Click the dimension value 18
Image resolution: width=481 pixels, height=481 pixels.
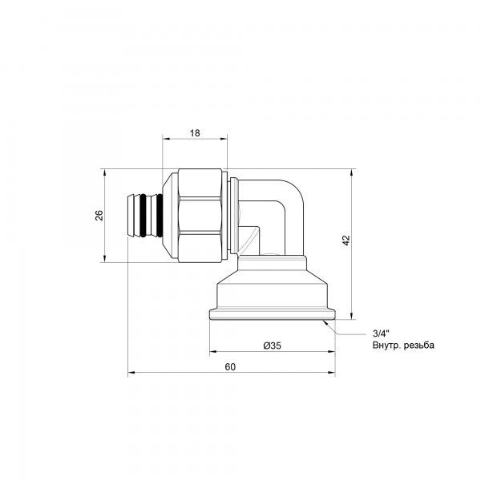click(x=195, y=133)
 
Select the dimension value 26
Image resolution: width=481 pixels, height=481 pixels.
click(x=99, y=216)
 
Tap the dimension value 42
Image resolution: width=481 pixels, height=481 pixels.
click(x=346, y=240)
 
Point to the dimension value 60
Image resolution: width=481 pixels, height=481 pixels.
click(x=230, y=367)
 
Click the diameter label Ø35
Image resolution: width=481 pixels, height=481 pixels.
click(x=272, y=346)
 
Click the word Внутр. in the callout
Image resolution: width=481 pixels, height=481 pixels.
click(x=386, y=346)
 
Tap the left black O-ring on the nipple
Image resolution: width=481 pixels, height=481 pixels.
click(x=143, y=216)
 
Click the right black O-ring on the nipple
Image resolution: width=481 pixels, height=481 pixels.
click(x=160, y=216)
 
